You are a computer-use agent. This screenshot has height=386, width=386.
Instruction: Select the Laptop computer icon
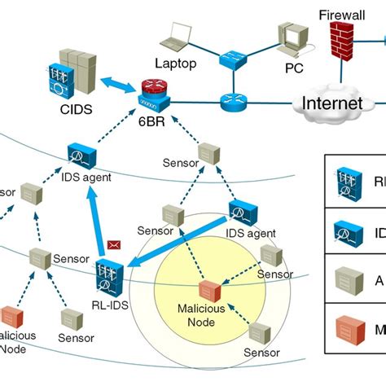click(x=178, y=37)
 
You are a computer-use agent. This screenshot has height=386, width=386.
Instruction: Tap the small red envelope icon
click(x=113, y=243)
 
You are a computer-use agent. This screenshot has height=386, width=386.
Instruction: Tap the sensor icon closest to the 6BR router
click(x=209, y=151)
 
